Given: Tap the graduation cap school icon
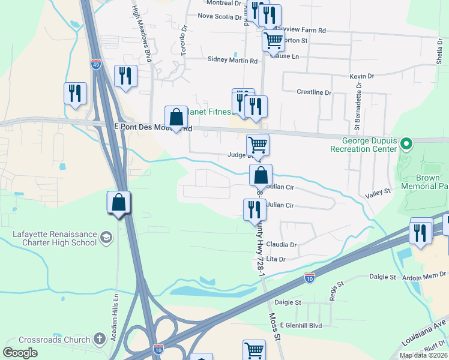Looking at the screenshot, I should click(106, 235).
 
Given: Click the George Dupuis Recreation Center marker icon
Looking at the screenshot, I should click(406, 143).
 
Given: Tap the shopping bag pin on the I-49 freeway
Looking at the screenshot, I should click(119, 203).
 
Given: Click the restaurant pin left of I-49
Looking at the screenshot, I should click(76, 93).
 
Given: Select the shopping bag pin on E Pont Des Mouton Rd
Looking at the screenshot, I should click(176, 117).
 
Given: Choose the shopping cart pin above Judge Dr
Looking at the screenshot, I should click(258, 145).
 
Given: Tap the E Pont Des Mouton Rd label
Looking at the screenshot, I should click(152, 128).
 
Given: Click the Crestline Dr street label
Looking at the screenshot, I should click(314, 92).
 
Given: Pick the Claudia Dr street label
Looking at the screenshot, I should click(282, 245).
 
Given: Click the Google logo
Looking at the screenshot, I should click(20, 353).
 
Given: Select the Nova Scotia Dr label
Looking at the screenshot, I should click(219, 17).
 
